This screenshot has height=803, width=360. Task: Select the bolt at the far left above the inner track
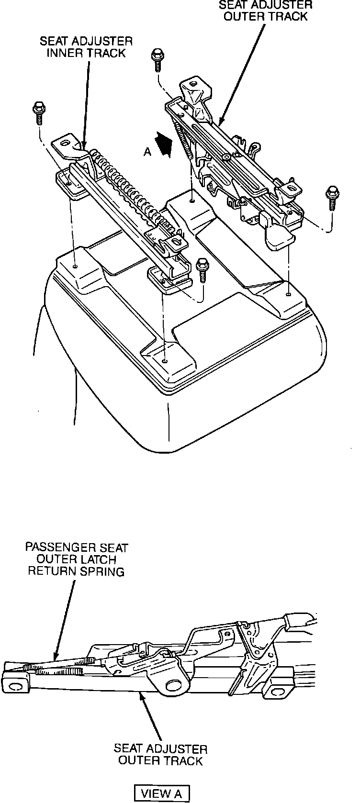[38, 112]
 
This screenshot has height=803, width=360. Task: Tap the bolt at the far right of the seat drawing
[331, 197]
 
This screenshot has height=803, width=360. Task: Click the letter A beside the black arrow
[148, 152]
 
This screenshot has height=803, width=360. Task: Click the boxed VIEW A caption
[162, 793]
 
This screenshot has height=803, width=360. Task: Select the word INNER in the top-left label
[64, 53]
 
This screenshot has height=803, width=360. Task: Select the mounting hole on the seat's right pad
[288, 295]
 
